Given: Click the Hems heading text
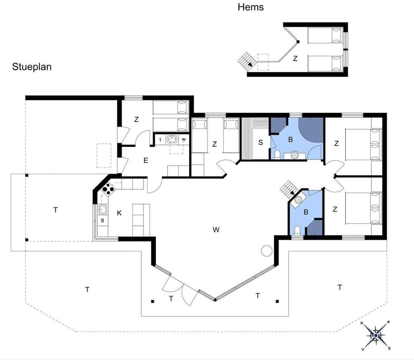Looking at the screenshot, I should click(251, 7).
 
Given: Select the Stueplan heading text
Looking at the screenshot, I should click(32, 67).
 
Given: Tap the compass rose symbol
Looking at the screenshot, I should click(376, 335).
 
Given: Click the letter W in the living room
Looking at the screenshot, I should click(216, 230).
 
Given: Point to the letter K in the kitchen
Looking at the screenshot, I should click(119, 213).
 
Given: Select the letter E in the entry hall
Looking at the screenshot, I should click(146, 161).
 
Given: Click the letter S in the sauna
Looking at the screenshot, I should click(260, 143).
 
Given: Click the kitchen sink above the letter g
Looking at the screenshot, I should click(102, 210).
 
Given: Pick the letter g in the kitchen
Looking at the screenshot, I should click(102, 220).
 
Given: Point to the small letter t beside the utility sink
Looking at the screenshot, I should click(160, 139).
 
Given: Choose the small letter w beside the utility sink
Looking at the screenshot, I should click(183, 139).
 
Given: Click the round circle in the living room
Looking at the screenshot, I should click(267, 250).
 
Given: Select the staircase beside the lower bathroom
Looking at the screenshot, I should click(287, 188).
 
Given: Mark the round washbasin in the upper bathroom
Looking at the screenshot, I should click(295, 154).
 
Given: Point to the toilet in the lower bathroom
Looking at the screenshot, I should click(296, 231).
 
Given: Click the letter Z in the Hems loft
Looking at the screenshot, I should click(295, 59).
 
